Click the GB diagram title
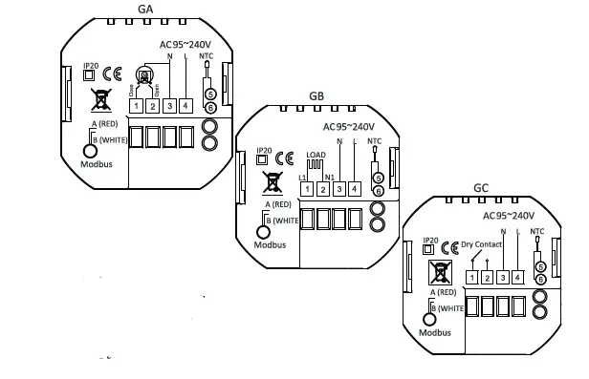pyautogui.click(x=316, y=96)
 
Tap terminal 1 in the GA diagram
pyautogui.click(x=138, y=105)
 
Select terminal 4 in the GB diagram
pyautogui.click(x=355, y=189)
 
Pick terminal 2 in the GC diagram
pyautogui.click(x=487, y=278)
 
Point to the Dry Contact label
pyautogui.click(x=480, y=244)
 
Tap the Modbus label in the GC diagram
pyautogui.click(x=436, y=332)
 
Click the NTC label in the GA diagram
pyautogui.click(x=206, y=56)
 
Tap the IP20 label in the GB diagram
pyautogui.click(x=263, y=149)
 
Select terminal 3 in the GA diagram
pyautogui.click(x=169, y=105)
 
